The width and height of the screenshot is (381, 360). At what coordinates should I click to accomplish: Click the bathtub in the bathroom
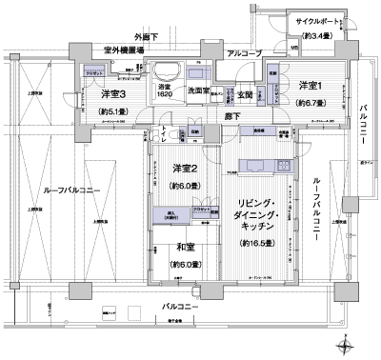click(x=167, y=72)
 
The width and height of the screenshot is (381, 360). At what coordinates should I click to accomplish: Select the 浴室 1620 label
click(x=167, y=92)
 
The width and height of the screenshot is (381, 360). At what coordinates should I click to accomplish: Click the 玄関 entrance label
click(x=244, y=94)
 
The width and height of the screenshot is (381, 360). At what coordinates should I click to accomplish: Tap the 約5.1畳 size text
click(x=114, y=111)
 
